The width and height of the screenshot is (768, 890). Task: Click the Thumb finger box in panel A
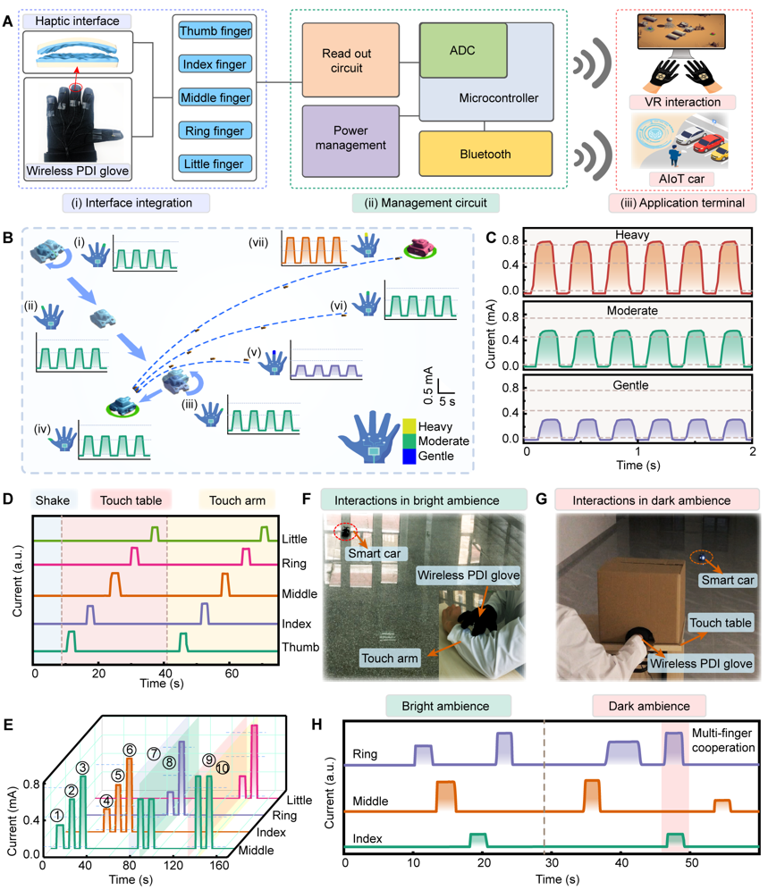(215, 32)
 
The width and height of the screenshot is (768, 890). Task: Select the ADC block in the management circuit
(463, 49)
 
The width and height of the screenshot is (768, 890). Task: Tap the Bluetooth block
(485, 155)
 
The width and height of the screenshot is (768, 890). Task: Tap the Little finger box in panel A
(215, 164)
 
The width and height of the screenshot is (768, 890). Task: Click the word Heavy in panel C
(637, 235)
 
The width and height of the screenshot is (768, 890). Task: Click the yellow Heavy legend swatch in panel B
(409, 425)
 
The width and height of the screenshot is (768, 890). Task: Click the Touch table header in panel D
(131, 500)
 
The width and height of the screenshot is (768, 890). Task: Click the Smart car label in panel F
(374, 554)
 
